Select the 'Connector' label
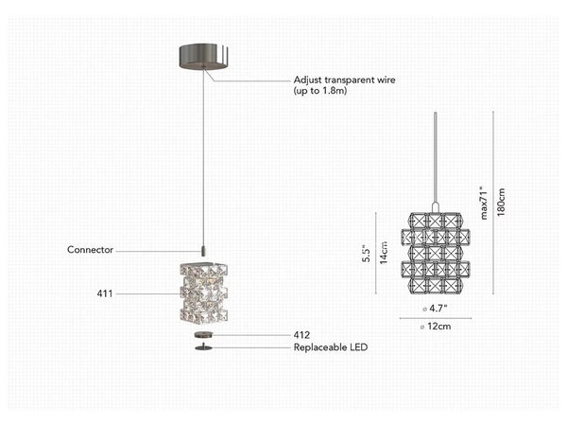pyautogui.click(x=90, y=250)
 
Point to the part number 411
pyautogui.click(x=104, y=294)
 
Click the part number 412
pyautogui.click(x=302, y=335)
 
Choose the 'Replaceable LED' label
pyautogui.click(x=329, y=347)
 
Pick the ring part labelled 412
pyautogui.click(x=202, y=335)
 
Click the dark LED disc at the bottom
pyautogui.click(x=202, y=347)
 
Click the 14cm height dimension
pyautogui.click(x=384, y=253)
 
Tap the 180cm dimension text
pyautogui.click(x=502, y=202)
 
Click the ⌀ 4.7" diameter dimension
pyautogui.click(x=434, y=309)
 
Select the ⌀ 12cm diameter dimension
pyautogui.click(x=434, y=327)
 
